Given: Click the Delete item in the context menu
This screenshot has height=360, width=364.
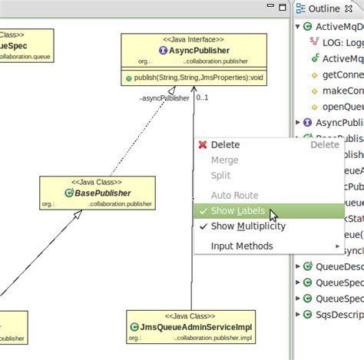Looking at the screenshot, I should pyautogui.click(x=225, y=144).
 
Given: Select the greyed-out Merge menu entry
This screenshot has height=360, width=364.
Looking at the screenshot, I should pyautogui.click(x=224, y=160).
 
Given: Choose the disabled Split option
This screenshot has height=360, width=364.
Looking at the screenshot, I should pyautogui.click(x=220, y=176).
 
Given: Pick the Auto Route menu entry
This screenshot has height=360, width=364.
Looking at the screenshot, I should pyautogui.click(x=234, y=196).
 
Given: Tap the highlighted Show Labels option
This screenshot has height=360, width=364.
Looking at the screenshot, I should pyautogui.click(x=238, y=211).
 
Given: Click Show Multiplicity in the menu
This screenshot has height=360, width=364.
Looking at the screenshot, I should pyautogui.click(x=248, y=226).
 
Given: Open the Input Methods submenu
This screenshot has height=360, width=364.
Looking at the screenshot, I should pyautogui.click(x=242, y=246).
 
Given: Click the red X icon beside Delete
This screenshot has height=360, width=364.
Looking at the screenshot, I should pyautogui.click(x=203, y=144).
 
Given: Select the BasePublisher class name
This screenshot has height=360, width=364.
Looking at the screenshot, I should pyautogui.click(x=102, y=193).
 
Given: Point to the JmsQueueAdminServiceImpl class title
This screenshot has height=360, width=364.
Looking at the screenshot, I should pyautogui.click(x=196, y=326).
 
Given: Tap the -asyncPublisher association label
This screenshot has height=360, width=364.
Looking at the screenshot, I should pyautogui.click(x=164, y=98).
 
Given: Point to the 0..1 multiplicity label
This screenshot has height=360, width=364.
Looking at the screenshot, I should pyautogui.click(x=203, y=97).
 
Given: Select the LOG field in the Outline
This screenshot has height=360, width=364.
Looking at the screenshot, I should pyautogui.click(x=339, y=42).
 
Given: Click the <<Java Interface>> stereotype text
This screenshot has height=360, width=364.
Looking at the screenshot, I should pyautogui.click(x=194, y=39).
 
